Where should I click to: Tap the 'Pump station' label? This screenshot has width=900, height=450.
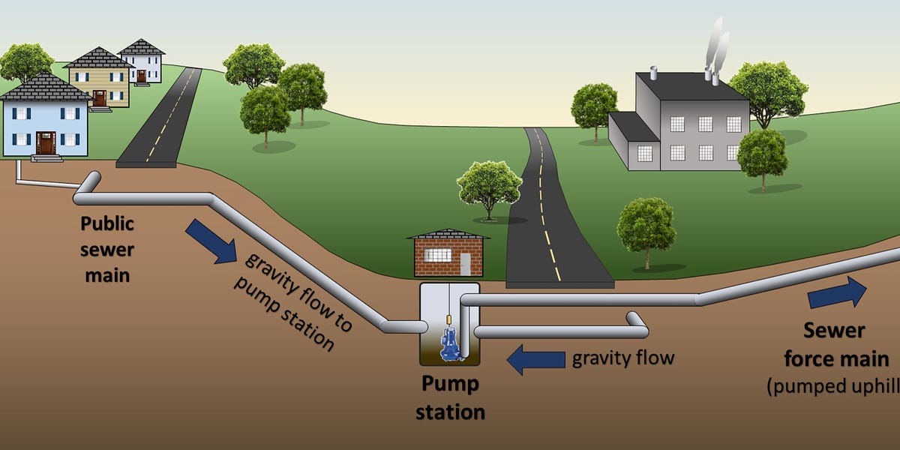pyautogui.click(x=450, y=398)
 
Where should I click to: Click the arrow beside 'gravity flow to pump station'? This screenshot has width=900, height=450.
pyautogui.click(x=211, y=241)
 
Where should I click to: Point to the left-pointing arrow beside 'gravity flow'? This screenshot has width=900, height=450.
pyautogui.click(x=535, y=359)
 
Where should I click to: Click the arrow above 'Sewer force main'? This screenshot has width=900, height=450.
pyautogui.click(x=836, y=292)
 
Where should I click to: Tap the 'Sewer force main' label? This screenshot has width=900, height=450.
pyautogui.click(x=835, y=344)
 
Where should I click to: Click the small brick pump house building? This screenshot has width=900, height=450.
pyautogui.click(x=448, y=253)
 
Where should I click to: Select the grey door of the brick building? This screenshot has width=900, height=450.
pyautogui.click(x=466, y=262)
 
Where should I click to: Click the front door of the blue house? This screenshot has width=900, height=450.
pyautogui.click(x=46, y=142)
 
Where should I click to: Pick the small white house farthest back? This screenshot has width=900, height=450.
pyautogui.click(x=141, y=62)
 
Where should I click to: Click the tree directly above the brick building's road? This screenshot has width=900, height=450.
pyautogui.click(x=489, y=187)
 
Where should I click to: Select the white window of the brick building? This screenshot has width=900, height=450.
pyautogui.click(x=437, y=255)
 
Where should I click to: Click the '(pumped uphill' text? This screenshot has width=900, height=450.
pyautogui.click(x=832, y=387)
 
